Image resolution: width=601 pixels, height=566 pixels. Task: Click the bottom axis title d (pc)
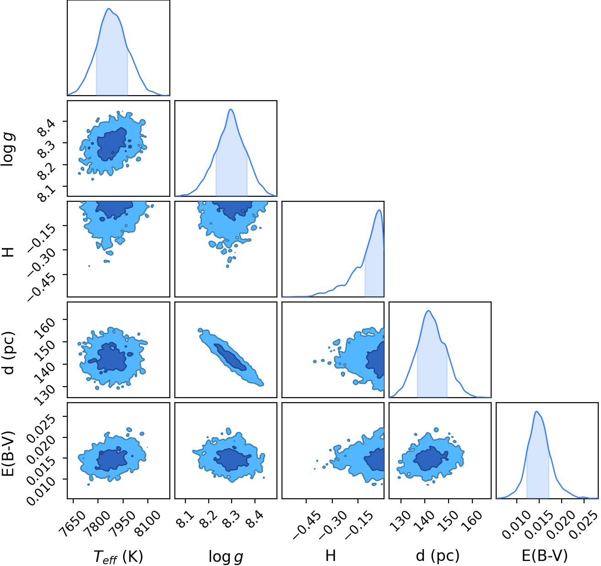pyautogui.click(x=438, y=555)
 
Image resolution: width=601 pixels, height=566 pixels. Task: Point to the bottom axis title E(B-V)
pyautogui.click(x=545, y=555)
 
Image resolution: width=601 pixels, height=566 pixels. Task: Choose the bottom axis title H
pyautogui.click(x=330, y=555)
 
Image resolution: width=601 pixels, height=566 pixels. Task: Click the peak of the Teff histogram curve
pyautogui.click(x=108, y=9)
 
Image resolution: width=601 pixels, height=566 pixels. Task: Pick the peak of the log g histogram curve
pyautogui.click(x=231, y=109)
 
